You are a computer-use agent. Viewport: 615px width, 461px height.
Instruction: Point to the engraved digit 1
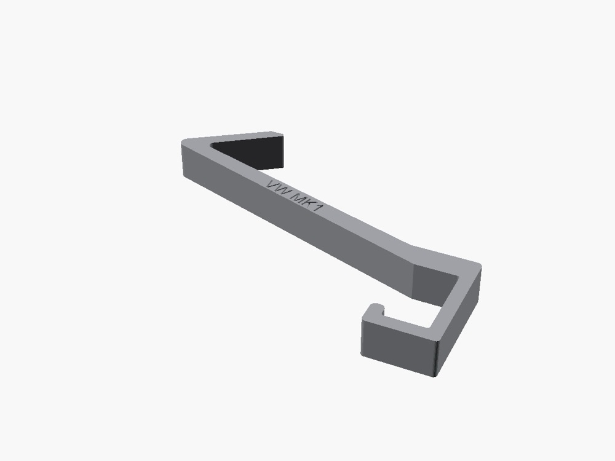pos(318,207)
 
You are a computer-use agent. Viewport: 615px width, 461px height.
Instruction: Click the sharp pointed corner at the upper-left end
pos(183,142)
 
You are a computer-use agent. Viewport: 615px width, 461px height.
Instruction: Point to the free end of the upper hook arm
pos(277,134)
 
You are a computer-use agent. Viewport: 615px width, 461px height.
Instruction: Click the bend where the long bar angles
pos(412,255)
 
